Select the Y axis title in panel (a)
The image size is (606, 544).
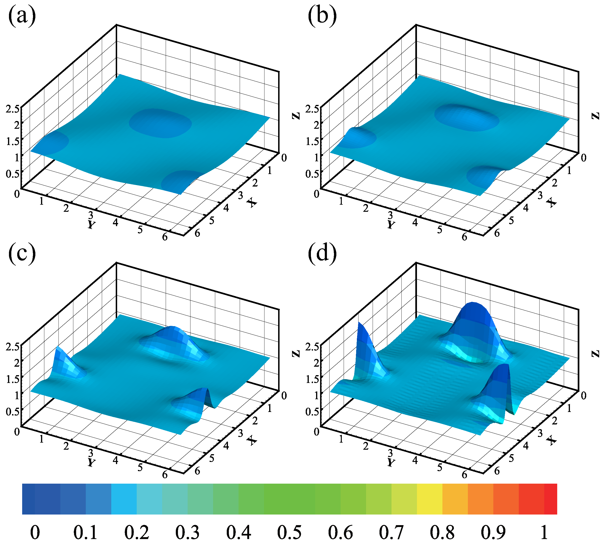click(x=91, y=224)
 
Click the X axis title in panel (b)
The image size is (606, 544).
click(x=551, y=203)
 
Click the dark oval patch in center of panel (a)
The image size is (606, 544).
click(x=161, y=123)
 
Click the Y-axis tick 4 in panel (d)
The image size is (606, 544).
click(x=415, y=460)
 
